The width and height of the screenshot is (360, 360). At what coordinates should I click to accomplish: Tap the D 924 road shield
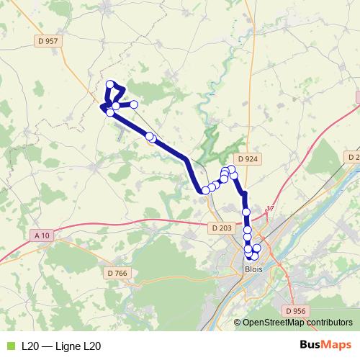pyautogui.click(x=247, y=160)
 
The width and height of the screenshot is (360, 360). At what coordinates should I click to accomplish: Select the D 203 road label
pyautogui.click(x=222, y=228)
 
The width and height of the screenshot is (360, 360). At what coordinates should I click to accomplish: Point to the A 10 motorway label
pyautogui.click(x=42, y=235)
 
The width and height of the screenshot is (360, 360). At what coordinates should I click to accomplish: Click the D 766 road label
pyautogui.click(x=116, y=273)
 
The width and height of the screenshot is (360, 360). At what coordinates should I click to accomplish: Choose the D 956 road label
pyautogui.click(x=295, y=310)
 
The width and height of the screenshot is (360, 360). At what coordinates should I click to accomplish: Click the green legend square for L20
pyautogui.click(x=9, y=346)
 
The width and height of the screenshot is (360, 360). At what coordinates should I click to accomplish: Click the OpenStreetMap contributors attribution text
pyautogui.click(x=297, y=323)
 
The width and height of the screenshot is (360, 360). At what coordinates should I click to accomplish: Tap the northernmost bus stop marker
pyautogui.click(x=110, y=84)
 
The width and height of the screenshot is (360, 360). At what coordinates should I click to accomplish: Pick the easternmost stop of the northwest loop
pyautogui.click(x=133, y=104)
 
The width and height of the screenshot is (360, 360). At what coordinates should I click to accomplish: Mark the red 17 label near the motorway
pyautogui.click(x=271, y=208)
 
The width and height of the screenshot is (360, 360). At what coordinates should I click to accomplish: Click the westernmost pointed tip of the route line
pyautogui.click(x=99, y=108)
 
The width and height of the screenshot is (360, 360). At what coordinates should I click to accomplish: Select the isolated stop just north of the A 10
pyautogui.click(x=246, y=212)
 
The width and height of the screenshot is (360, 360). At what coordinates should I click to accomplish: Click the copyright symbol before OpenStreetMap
pyautogui.click(x=238, y=323)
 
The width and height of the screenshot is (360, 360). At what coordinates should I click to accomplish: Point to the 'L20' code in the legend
pyautogui.click(x=30, y=346)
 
